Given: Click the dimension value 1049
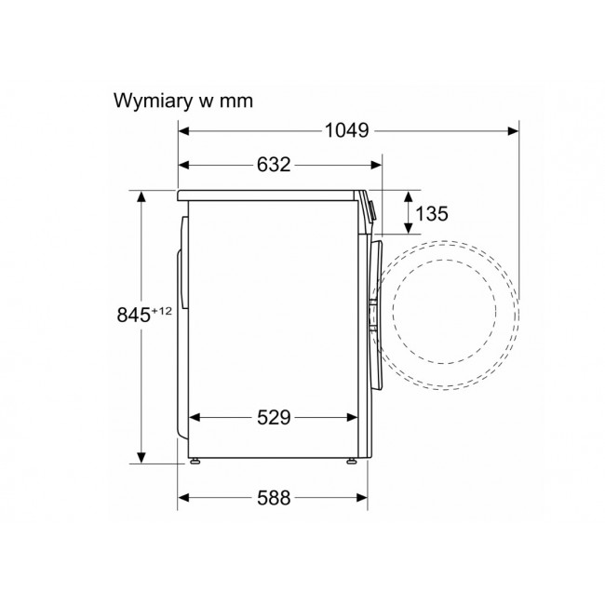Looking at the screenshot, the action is point(347,130).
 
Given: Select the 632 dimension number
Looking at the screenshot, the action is point(274,165).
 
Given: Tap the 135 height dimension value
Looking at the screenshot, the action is point(432,214).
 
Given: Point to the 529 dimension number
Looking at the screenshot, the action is point(274,417).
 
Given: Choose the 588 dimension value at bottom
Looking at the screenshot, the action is point(274,498).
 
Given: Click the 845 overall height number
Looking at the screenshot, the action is point(133,315).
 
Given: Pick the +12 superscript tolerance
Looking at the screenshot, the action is point(161,311).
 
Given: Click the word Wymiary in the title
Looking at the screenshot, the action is point(153,101).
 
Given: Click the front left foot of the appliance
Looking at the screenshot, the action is point(195,461).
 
